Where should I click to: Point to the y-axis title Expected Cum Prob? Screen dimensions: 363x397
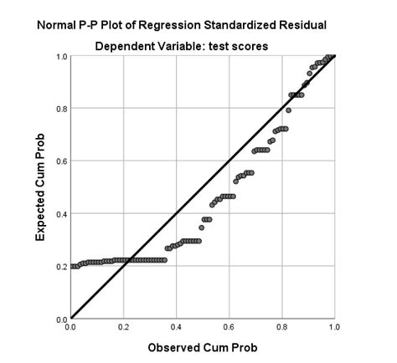(39, 188)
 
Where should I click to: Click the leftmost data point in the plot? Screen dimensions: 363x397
(73, 267)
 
